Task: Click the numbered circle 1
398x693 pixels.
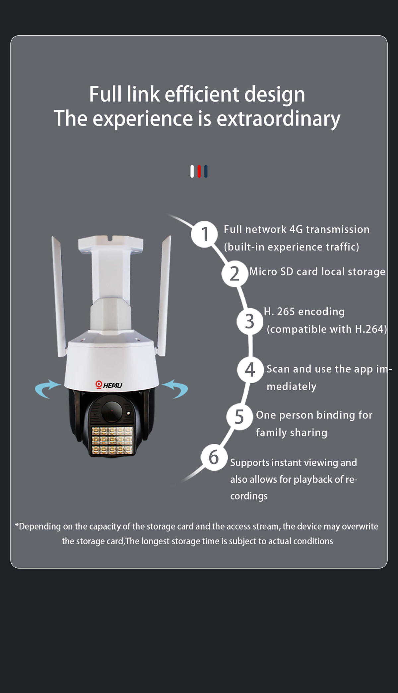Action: pos(204,234)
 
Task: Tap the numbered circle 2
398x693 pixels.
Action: pos(235,274)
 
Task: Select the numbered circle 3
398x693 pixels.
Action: pos(250,321)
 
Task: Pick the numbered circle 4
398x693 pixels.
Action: pos(250,370)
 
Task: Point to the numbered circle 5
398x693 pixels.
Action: pos(239,417)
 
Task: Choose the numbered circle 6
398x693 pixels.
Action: pos(214,457)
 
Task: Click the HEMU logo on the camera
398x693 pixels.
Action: pos(109,385)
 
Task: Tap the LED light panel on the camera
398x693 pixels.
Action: pos(112,440)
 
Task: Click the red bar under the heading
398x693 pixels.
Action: pos(199,171)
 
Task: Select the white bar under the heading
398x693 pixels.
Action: pos(192,171)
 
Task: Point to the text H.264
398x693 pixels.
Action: pos(369,329)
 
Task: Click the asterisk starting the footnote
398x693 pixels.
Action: pos(17,525)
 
